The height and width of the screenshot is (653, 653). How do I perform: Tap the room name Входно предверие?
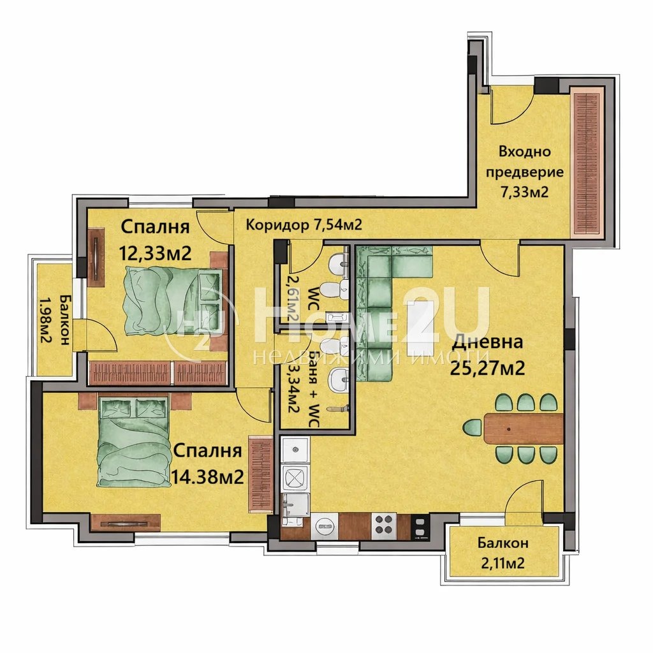pos(524,162)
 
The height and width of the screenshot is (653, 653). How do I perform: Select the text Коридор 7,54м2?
pos(304,224)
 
